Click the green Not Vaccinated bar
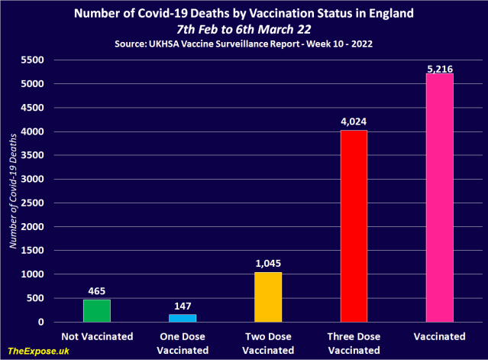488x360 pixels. click(x=97, y=310)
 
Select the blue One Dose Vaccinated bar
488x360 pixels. click(x=183, y=318)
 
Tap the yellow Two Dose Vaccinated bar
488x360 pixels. click(x=268, y=297)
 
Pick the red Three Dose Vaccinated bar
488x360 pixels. click(x=354, y=226)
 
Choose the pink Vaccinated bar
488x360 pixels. click(x=438, y=198)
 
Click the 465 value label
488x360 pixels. click(x=97, y=291)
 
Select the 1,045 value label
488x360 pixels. click(x=268, y=264)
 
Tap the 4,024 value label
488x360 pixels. click(x=354, y=122)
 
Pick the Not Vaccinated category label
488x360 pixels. click(x=97, y=336)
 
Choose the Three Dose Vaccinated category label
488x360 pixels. click(x=354, y=342)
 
